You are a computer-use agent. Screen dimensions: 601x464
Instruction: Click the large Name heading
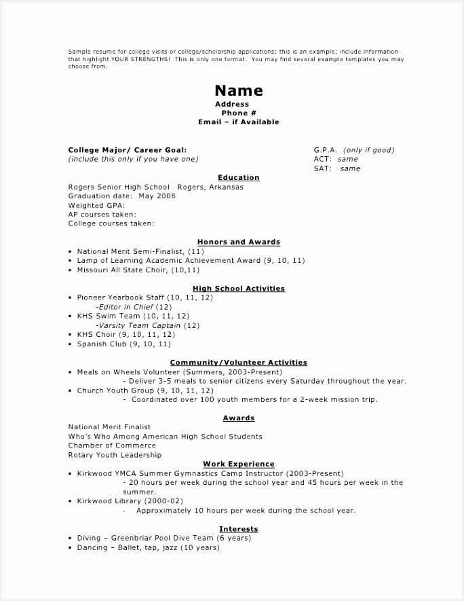(x=238, y=90)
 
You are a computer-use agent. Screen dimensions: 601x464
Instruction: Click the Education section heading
(x=238, y=178)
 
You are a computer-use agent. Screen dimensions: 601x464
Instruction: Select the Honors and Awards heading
(x=238, y=242)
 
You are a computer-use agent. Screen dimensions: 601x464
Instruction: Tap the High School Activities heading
(x=238, y=289)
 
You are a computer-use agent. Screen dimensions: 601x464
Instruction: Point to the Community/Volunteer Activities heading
(x=238, y=363)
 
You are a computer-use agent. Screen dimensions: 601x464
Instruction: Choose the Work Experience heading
(x=238, y=465)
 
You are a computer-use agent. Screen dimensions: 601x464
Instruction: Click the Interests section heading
(x=238, y=529)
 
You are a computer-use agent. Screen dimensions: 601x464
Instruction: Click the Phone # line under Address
(x=238, y=113)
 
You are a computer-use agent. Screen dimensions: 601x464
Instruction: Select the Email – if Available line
(x=238, y=122)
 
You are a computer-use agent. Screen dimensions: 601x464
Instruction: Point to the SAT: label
(x=322, y=168)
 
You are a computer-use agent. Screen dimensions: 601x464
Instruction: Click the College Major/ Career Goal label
(x=127, y=150)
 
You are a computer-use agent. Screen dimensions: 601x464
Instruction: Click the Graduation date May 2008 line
(x=121, y=196)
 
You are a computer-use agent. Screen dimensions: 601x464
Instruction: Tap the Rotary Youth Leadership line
(x=115, y=455)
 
